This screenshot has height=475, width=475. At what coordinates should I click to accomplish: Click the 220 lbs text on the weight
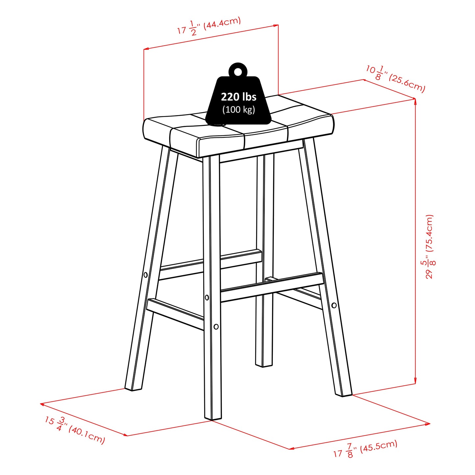[x=238, y=97]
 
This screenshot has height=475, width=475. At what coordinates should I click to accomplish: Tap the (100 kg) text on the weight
[x=239, y=109]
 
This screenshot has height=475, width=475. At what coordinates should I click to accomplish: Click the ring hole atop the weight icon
[x=238, y=71]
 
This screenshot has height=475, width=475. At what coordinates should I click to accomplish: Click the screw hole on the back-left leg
[x=146, y=274]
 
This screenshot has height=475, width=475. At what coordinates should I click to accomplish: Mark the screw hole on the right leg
[x=334, y=305]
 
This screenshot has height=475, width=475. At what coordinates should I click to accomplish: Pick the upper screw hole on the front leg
[x=207, y=297]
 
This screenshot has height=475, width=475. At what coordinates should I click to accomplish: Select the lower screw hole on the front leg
[x=216, y=326]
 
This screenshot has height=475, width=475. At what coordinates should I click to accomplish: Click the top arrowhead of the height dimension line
[x=415, y=101]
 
